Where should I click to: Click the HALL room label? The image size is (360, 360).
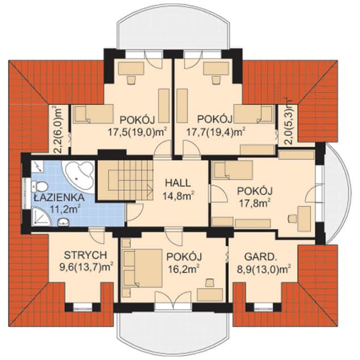pos(177,183)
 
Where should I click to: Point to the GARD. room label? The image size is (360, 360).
pos(259,255)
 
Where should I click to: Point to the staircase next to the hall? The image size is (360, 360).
pos(124,179)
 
